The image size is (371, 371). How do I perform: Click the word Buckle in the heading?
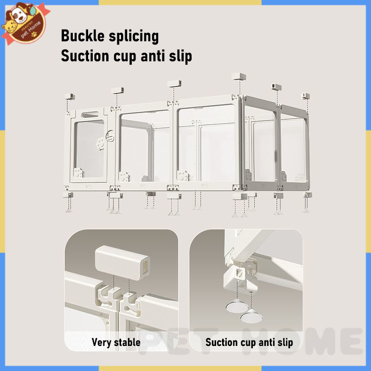coord(83,36)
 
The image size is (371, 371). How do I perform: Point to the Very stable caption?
coord(116,342)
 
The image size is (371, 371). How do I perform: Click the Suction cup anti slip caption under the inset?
coord(249,343)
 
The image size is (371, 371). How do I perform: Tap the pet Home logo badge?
coord(25,23)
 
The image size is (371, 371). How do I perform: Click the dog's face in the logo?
coord(19,15)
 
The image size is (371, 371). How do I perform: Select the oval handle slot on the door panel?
coord(90,115)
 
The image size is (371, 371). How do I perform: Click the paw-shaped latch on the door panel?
coord(101,143)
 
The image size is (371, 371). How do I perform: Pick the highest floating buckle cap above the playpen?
coord(238,77)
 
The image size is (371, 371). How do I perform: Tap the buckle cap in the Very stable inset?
coord(122,262)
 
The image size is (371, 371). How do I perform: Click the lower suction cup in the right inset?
coord(251,317)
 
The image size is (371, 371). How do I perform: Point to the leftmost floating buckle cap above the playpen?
coord(70,96)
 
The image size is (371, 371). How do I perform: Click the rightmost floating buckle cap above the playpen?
coord(306,96)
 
